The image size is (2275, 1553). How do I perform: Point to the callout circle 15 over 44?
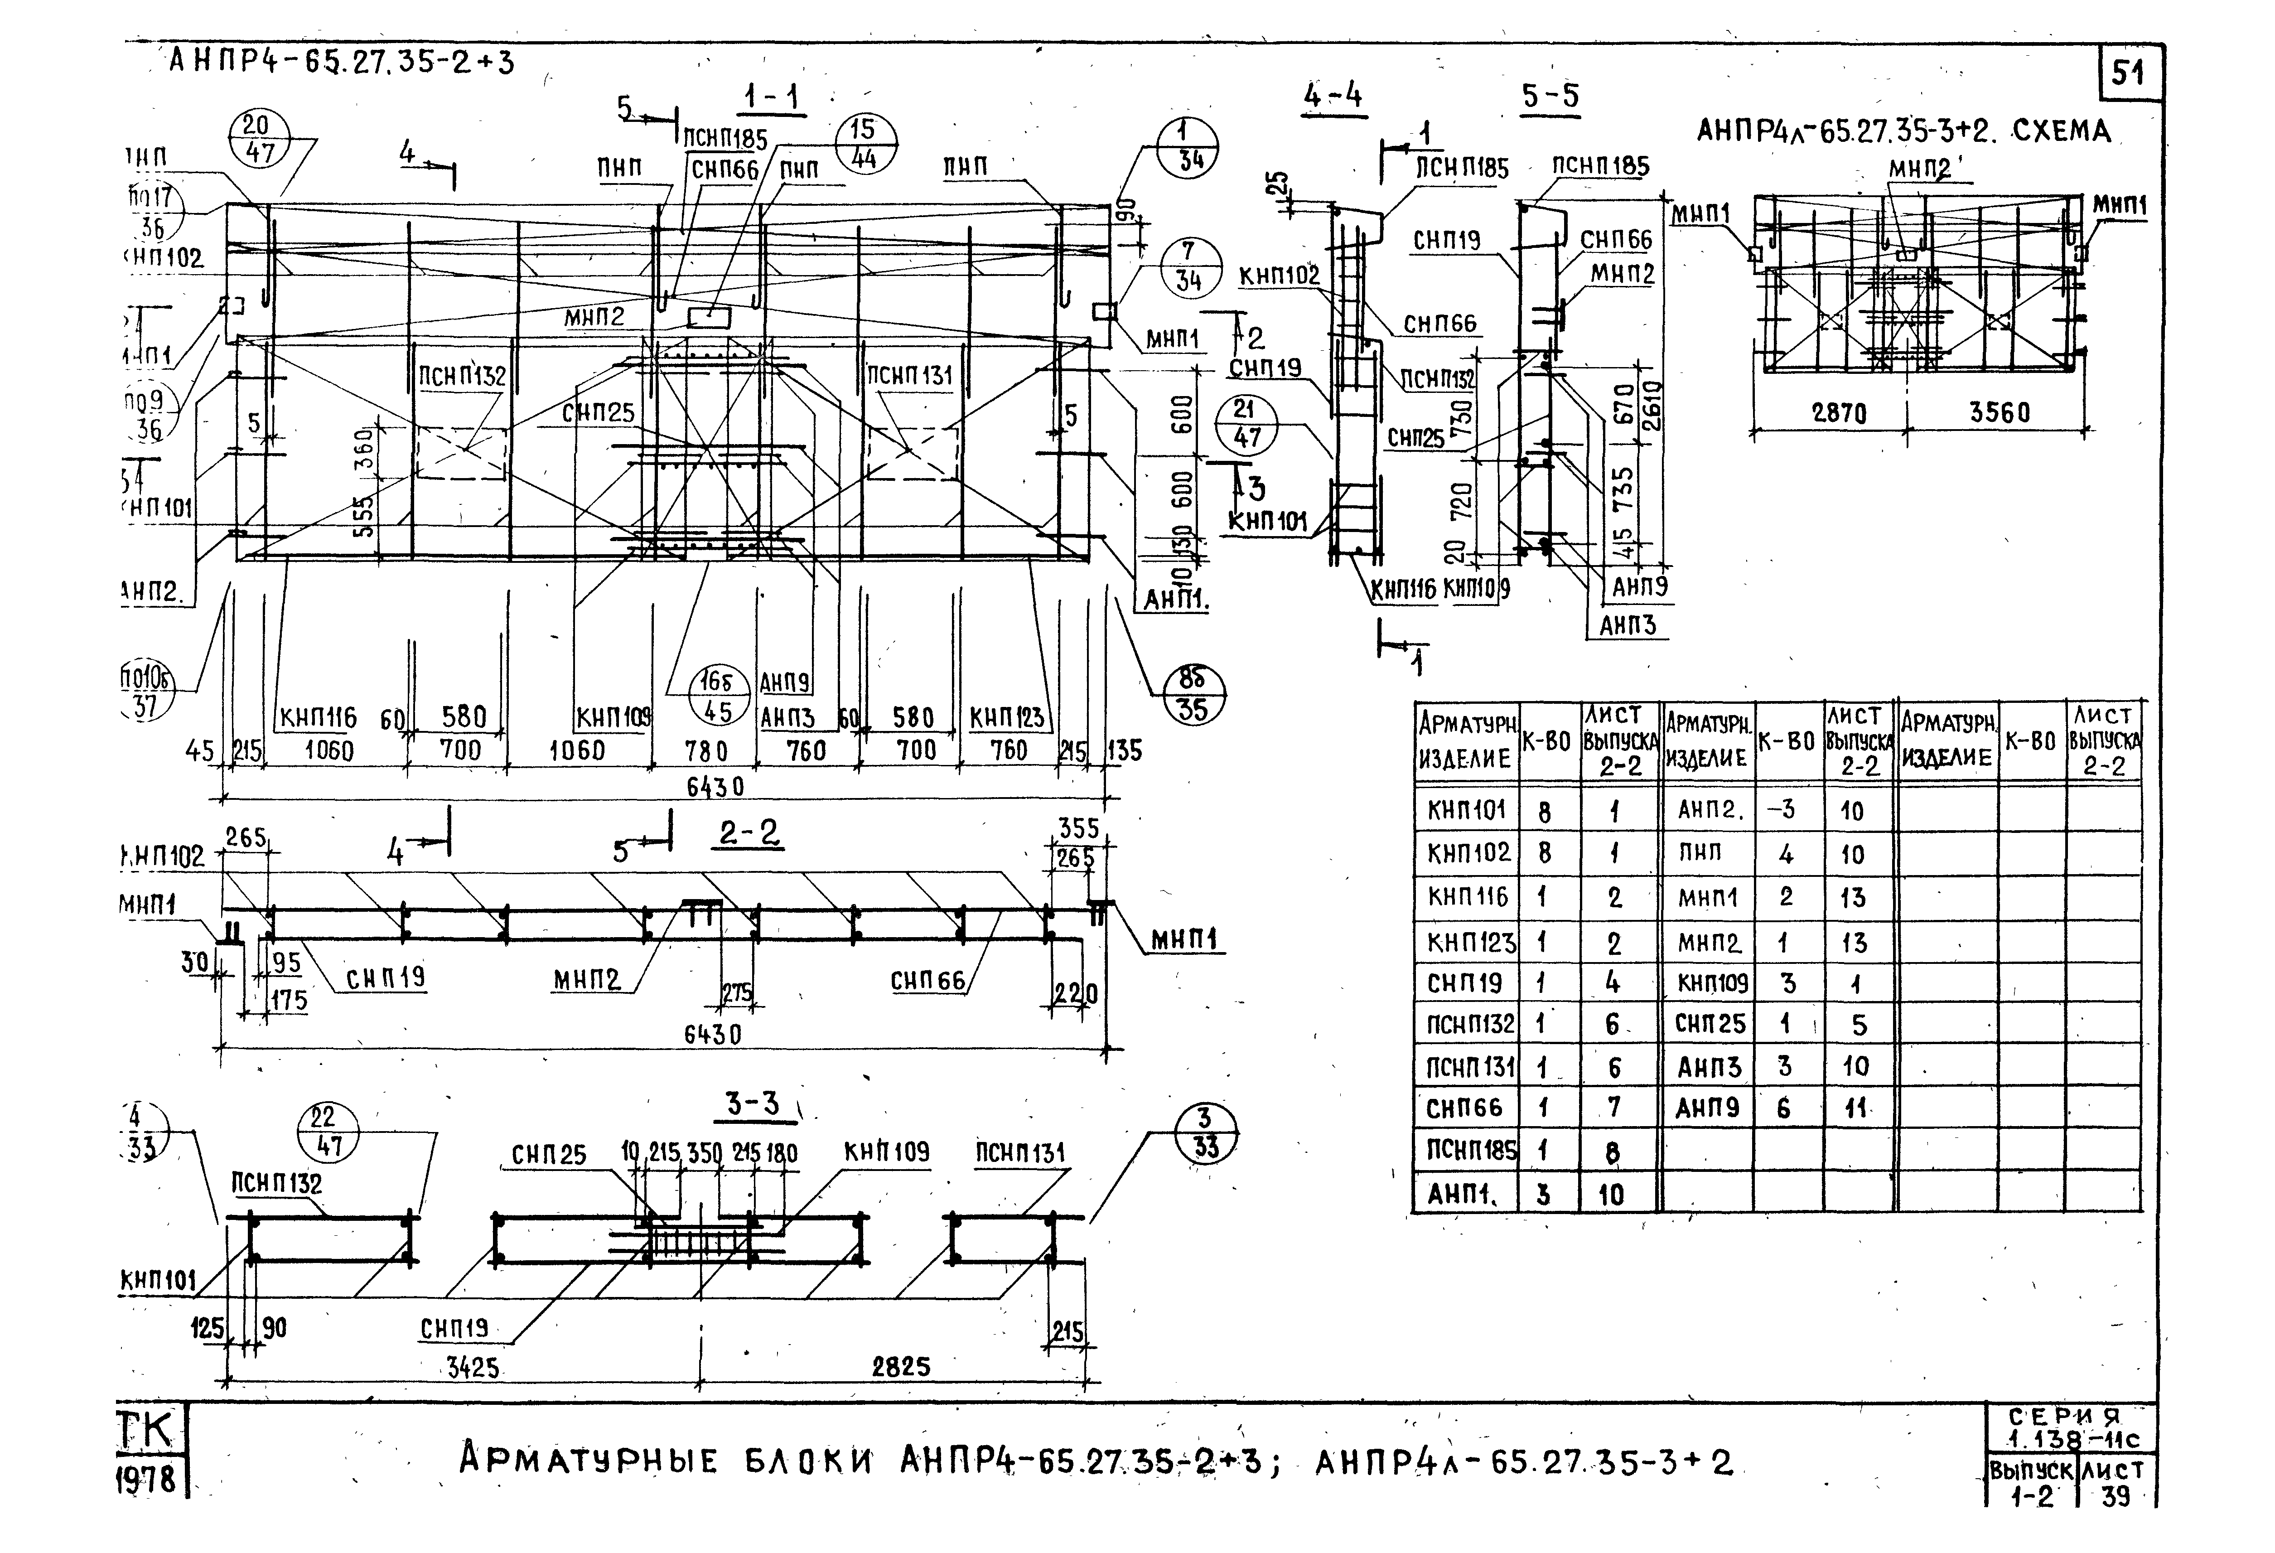point(864,145)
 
